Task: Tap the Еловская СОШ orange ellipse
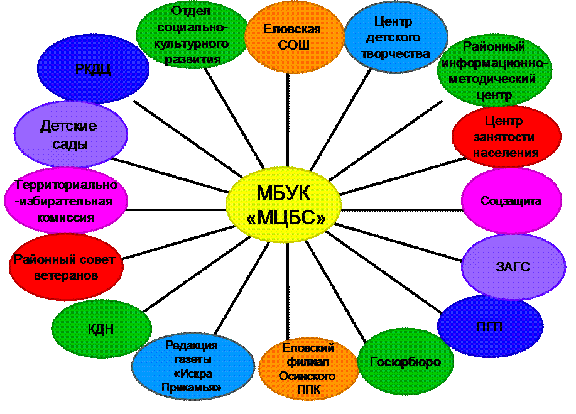point(291,37)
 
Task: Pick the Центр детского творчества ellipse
point(397,37)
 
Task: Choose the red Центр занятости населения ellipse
point(506,136)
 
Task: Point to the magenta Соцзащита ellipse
point(511,201)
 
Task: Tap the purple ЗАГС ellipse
point(513,266)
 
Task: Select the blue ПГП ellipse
point(489,326)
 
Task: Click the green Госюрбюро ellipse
point(405,362)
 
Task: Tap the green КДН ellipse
point(101,329)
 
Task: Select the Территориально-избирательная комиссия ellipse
point(65,201)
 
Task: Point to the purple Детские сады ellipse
point(70,134)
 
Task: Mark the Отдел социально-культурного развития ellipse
point(192,35)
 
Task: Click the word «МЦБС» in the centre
point(286,217)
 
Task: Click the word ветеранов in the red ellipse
point(67,275)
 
